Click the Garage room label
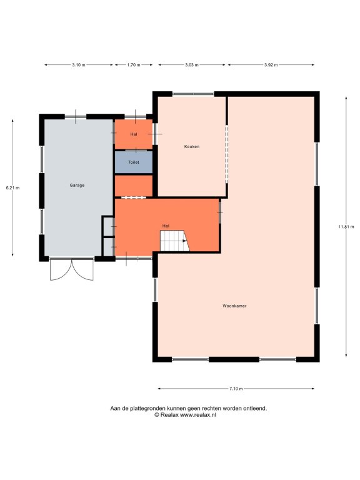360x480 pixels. [x=77, y=185]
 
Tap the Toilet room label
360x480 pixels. [x=134, y=162]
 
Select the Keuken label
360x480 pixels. [x=192, y=147]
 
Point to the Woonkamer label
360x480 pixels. [x=234, y=306]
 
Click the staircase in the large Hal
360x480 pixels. [x=174, y=241]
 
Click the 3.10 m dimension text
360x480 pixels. [x=79, y=65]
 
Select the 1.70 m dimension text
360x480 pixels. [x=134, y=65]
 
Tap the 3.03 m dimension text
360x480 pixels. [x=192, y=65]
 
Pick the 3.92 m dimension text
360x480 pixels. [x=271, y=65]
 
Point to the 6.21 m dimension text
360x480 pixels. [x=12, y=188]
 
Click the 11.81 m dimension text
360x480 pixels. [x=346, y=227]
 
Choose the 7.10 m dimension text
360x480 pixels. [x=236, y=389]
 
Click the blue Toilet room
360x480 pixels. [x=134, y=162]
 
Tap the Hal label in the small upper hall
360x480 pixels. [x=134, y=134]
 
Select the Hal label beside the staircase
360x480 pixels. [x=166, y=226]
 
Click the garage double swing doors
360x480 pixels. [x=72, y=269]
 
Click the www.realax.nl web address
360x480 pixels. [x=198, y=415]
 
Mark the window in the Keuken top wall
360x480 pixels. [x=193, y=94]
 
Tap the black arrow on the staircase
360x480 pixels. [x=184, y=241]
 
